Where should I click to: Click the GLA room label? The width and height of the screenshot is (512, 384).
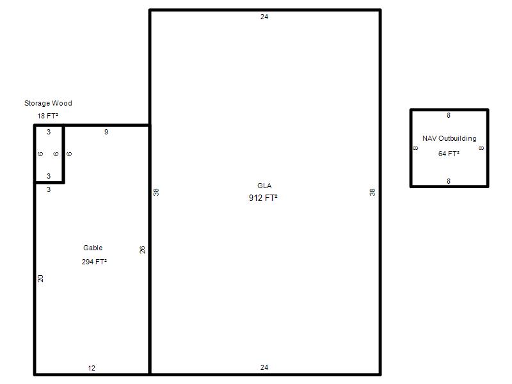tap(264, 186)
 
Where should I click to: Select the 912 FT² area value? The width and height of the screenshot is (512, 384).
tap(263, 198)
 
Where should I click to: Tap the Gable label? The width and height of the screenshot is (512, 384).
tap(93, 248)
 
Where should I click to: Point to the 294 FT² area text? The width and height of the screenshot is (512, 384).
tap(94, 262)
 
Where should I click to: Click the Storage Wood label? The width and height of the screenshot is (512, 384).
tap(48, 103)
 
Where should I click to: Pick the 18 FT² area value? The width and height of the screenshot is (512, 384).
tap(47, 116)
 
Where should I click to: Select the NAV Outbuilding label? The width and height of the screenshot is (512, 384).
tap(449, 138)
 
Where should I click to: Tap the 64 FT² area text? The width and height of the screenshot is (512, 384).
tap(449, 154)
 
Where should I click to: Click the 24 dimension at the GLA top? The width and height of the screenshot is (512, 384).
tap(264, 17)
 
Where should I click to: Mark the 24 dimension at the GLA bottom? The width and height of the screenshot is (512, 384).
tap(264, 367)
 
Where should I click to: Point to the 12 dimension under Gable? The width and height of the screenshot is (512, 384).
tap(92, 368)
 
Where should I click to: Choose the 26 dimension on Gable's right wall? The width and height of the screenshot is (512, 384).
tap(142, 250)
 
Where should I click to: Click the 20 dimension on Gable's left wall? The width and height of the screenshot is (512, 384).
tap(40, 278)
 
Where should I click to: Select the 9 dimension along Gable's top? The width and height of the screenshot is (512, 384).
tap(106, 132)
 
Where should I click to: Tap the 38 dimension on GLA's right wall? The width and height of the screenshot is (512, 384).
tap(372, 193)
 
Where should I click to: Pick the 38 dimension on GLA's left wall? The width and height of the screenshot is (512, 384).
tap(156, 193)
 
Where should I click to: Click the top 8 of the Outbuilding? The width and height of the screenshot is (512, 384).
tap(449, 115)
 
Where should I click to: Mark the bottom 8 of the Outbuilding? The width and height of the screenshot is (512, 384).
tap(449, 181)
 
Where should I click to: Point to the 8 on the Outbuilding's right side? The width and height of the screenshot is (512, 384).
tap(481, 148)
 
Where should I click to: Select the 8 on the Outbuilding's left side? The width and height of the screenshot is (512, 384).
tap(415, 148)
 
